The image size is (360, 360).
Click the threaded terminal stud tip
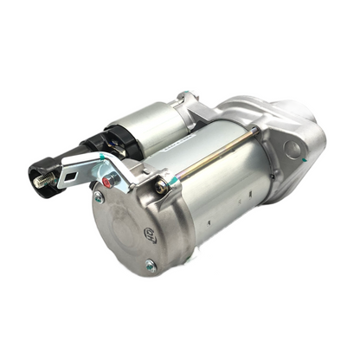[38, 183]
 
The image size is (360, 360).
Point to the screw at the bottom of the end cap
[150, 266]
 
